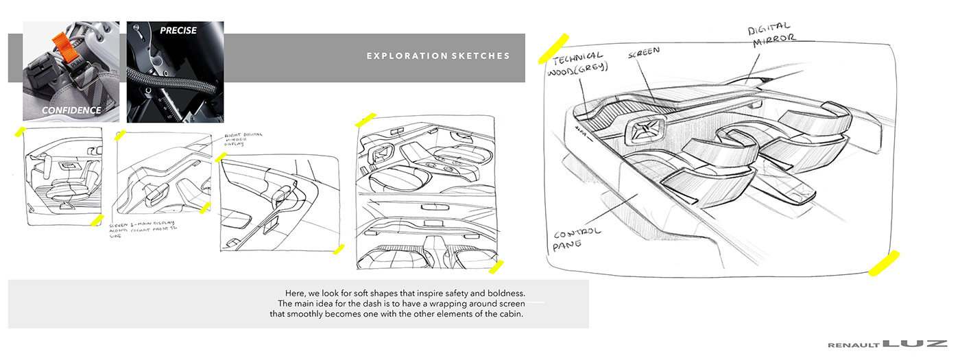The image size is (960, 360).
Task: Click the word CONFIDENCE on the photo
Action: pos(71,110)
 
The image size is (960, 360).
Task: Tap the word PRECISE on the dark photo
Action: pos(178,30)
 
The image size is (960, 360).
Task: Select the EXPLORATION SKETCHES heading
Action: pos(438,56)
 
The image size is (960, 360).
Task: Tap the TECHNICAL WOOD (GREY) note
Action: pos(575,63)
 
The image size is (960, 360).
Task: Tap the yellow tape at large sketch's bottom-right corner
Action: pos(883,264)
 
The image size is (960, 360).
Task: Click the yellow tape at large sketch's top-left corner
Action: pos(553,47)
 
